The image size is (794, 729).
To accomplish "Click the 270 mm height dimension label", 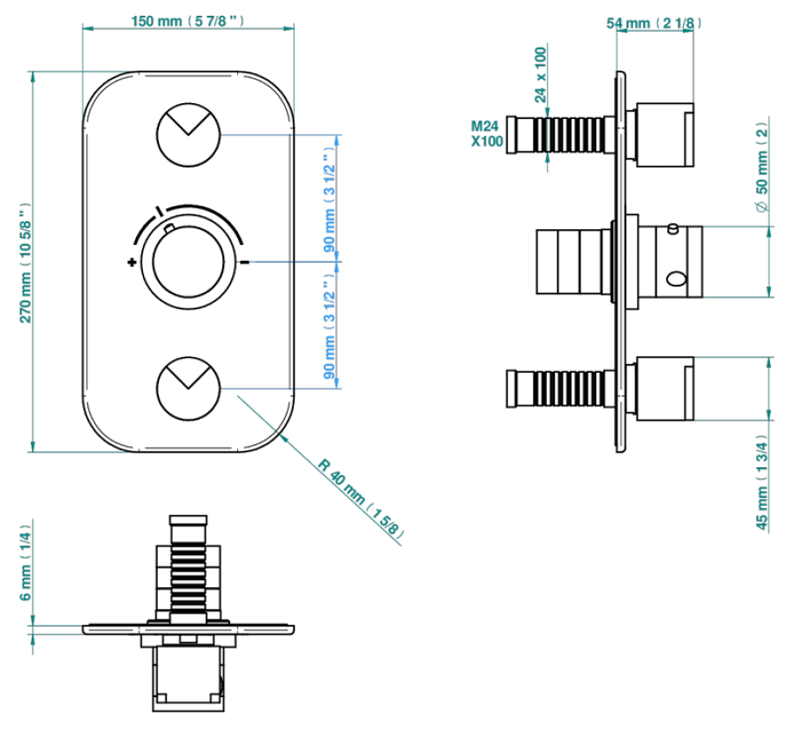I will (x=26, y=264).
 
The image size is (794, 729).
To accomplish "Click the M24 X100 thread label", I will (x=487, y=133).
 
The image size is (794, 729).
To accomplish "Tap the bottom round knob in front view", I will (x=188, y=387).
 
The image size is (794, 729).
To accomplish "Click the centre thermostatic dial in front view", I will (x=187, y=262).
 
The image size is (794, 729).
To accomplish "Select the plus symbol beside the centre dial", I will (x=131, y=262).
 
